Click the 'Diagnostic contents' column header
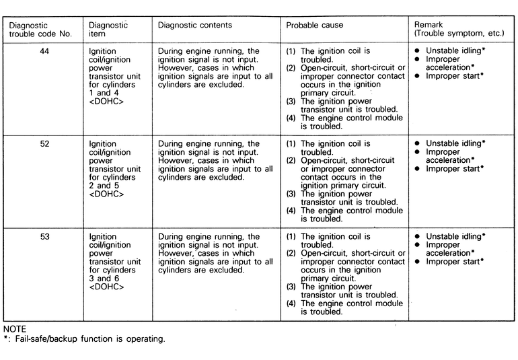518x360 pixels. point(194,26)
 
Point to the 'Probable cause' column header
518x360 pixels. point(314,26)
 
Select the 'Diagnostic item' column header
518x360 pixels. point(108,30)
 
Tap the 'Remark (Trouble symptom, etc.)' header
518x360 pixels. point(453,30)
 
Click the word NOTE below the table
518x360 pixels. point(14,329)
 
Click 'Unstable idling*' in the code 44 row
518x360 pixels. point(455,50)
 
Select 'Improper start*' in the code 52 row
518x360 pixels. point(455,169)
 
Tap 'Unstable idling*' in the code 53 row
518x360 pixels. point(455,236)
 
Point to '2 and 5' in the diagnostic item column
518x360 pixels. point(103,186)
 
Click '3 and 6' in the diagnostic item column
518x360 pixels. point(103,279)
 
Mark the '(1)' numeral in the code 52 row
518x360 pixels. point(291,143)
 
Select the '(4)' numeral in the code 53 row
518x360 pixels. point(291,303)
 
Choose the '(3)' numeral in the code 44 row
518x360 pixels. point(291,102)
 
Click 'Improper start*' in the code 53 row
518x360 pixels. point(455,262)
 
